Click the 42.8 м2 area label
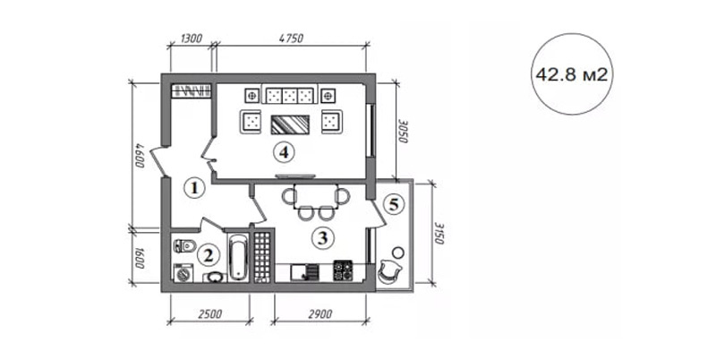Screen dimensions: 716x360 pyautogui.click(x=571, y=74)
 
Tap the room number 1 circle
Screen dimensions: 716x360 pyautogui.click(x=194, y=188)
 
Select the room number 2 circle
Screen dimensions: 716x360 pyautogui.click(x=208, y=255)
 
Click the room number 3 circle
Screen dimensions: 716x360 pyautogui.click(x=322, y=238)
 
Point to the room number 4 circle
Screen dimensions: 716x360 pyautogui.click(x=284, y=152)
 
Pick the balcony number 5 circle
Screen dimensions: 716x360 pyautogui.click(x=393, y=204)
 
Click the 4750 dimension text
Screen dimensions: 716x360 pyautogui.click(x=291, y=39)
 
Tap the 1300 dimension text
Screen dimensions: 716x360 pyautogui.click(x=192, y=39)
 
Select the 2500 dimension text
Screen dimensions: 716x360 pyautogui.click(x=210, y=314)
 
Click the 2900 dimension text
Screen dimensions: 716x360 pyautogui.click(x=320, y=314)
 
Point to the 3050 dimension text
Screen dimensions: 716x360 pyautogui.click(x=404, y=132)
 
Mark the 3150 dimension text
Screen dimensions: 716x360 pyautogui.click(x=439, y=234)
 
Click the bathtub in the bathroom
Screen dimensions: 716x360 pyautogui.click(x=238, y=258)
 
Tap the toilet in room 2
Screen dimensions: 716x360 pyautogui.click(x=184, y=245)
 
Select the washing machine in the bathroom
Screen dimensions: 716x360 pyautogui.click(x=183, y=273)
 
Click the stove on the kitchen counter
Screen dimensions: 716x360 pyautogui.click(x=343, y=270)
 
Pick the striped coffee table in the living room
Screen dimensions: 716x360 pyautogui.click(x=290, y=124)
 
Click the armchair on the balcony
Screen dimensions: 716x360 pyautogui.click(x=389, y=270)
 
